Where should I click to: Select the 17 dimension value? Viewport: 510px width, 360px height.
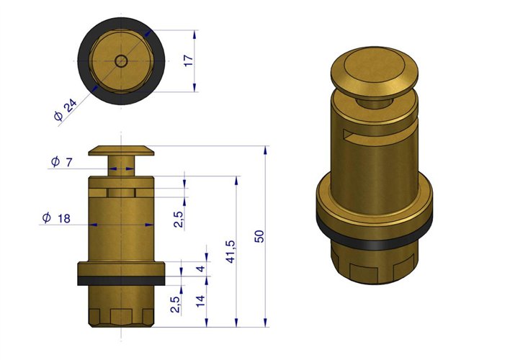click(x=189, y=61)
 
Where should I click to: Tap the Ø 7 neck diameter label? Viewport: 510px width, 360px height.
click(x=62, y=163)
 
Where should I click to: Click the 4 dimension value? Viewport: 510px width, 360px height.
click(x=201, y=270)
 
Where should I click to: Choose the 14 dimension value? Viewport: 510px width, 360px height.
click(x=201, y=300)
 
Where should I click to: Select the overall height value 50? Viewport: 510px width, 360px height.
click(x=260, y=237)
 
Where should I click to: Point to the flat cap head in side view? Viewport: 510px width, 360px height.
click(x=121, y=150)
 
